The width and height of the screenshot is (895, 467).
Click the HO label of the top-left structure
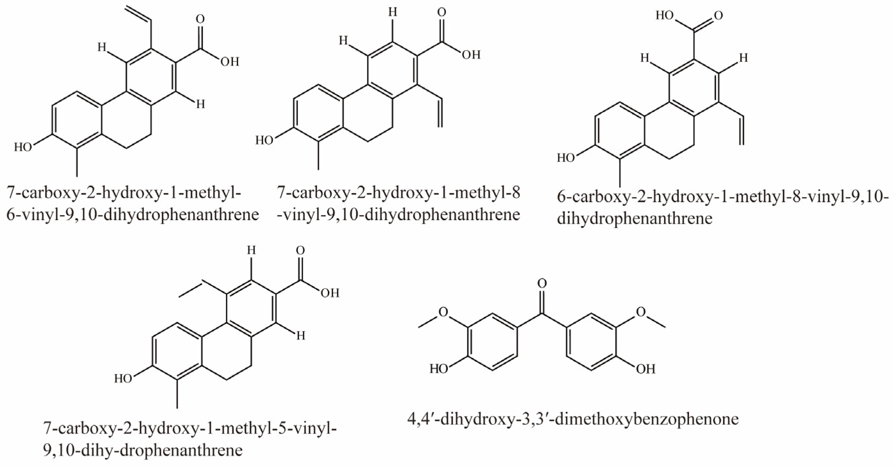pyautogui.click(x=23, y=147)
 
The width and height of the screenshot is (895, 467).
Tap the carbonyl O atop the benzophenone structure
pyautogui.click(x=542, y=284)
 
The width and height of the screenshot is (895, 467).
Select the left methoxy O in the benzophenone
pyautogui.click(x=443, y=312)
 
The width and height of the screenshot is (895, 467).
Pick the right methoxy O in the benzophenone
pyautogui.click(x=641, y=312)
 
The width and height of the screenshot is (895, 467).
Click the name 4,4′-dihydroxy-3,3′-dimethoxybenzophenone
pyautogui.click(x=573, y=419)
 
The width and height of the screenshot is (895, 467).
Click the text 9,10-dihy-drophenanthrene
pyautogui.click(x=143, y=451)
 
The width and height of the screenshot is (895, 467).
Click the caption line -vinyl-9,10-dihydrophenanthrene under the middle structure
pyautogui.click(x=399, y=215)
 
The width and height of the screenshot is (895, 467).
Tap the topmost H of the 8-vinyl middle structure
pyautogui.click(x=392, y=13)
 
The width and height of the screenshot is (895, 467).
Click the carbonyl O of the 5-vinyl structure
pyautogui.click(x=301, y=251)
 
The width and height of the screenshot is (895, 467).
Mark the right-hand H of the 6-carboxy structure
pyautogui.click(x=743, y=58)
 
